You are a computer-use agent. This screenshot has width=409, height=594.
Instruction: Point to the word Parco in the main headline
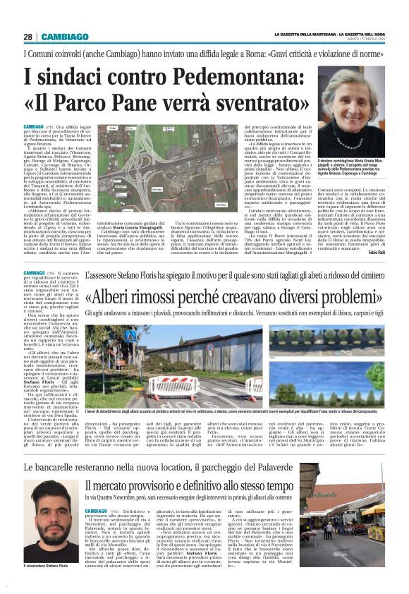(102, 103)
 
